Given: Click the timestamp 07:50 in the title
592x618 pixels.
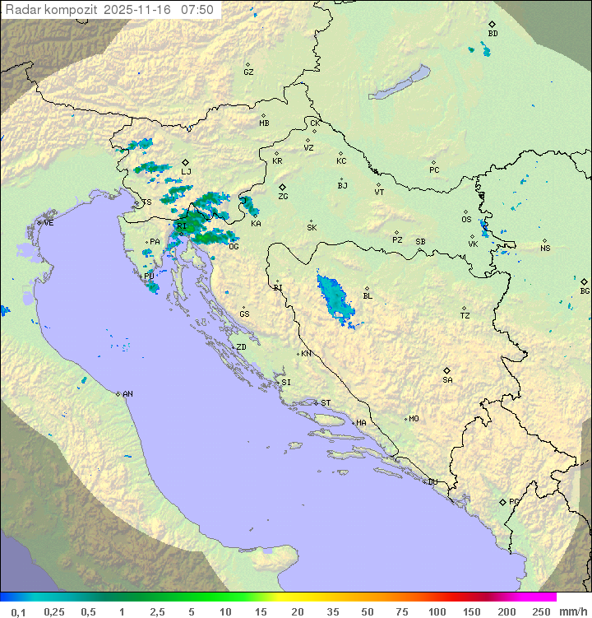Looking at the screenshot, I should coord(197,10).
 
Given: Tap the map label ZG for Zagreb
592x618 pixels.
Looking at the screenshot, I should coord(283,197).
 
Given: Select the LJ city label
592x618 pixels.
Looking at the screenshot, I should coord(187,172).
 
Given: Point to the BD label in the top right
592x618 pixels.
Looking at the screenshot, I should coord(493,34).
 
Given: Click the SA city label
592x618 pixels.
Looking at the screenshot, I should coord(447,379).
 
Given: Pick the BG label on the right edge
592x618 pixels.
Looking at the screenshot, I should coord(585,290).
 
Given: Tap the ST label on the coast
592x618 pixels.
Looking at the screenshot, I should coord(326,403).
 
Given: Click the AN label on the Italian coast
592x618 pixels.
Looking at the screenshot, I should coord(127,394).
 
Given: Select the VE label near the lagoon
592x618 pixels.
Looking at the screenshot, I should coord(49,223).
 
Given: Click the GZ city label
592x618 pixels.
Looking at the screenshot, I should coord(248,72).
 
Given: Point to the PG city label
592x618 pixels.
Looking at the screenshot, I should coord(514,501).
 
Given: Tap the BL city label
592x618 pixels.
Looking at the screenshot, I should coord(368,296).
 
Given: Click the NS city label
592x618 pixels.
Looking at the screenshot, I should coord(545,249).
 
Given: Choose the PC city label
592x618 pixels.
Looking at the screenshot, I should coord(434,170).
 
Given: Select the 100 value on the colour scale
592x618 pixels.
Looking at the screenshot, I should coord(437,611).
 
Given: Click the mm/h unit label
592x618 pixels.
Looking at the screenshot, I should coord(570,611).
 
